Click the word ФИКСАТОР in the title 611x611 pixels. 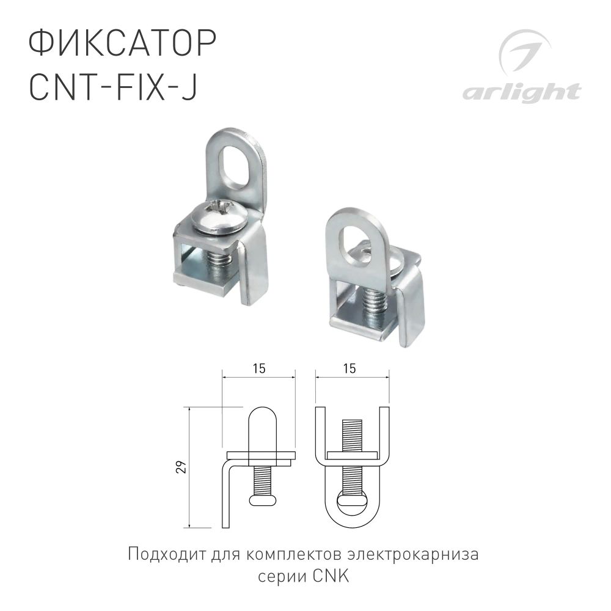122,47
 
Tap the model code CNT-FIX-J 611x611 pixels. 113,89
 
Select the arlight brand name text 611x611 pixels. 521,93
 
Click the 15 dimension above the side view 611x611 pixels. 258,369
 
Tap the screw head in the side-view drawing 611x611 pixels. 264,500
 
